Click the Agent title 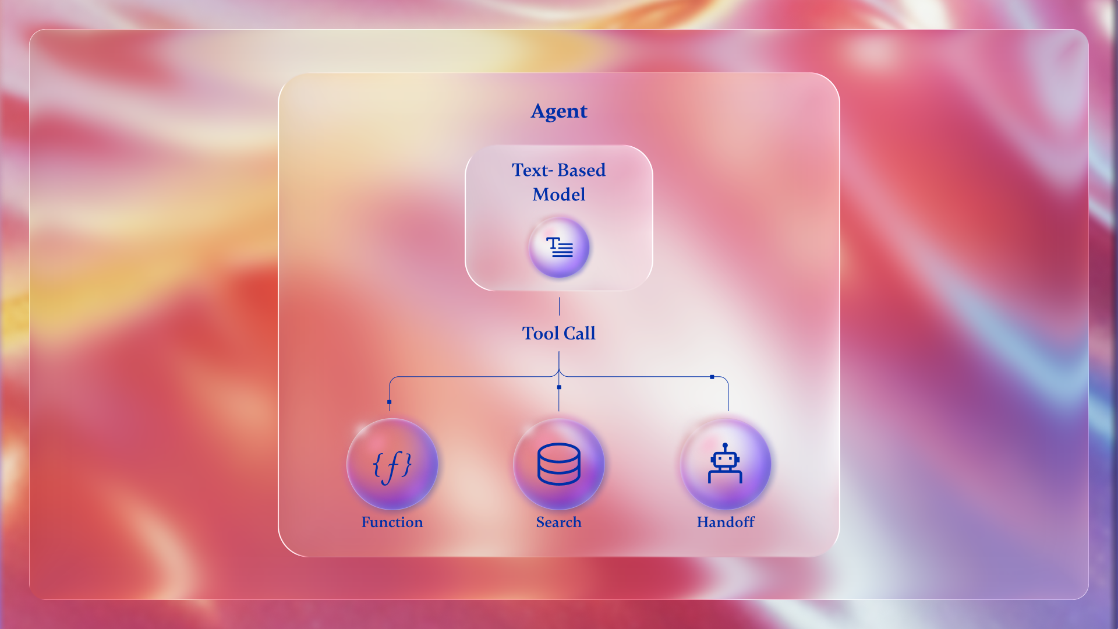click(559, 111)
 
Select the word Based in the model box click(581, 170)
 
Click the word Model click(559, 195)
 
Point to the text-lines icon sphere click(559, 248)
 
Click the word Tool click(540, 333)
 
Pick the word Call click(579, 333)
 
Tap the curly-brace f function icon click(392, 465)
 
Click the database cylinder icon click(559, 464)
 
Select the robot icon click(725, 464)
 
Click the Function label click(392, 522)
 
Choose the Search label click(559, 522)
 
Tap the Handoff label click(726, 522)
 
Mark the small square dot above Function click(390, 402)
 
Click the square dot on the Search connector click(559, 387)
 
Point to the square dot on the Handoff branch click(712, 377)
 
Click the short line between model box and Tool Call click(559, 306)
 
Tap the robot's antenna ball click(725, 446)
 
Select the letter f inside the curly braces click(393, 466)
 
